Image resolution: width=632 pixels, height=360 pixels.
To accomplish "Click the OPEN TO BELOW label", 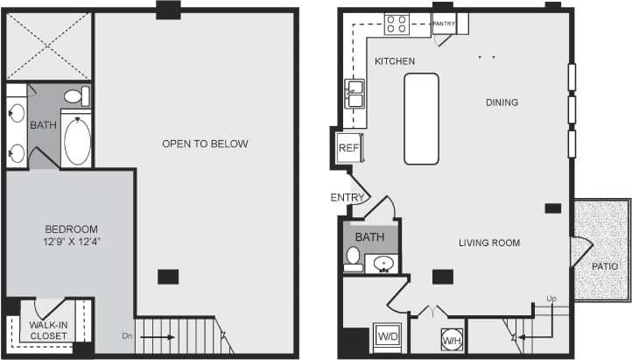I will pyautogui.click(x=205, y=144).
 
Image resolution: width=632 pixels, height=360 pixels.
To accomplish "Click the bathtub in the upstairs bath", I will pyautogui.click(x=77, y=142).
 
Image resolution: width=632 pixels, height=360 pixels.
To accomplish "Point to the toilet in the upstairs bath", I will pyautogui.click(x=75, y=96).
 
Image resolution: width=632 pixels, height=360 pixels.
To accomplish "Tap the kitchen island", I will pyautogui.click(x=421, y=118).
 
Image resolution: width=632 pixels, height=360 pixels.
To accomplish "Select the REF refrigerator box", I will pyautogui.click(x=349, y=148).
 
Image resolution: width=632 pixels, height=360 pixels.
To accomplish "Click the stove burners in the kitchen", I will pyautogui.click(x=396, y=24).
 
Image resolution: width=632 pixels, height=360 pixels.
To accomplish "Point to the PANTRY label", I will pyautogui.click(x=444, y=24).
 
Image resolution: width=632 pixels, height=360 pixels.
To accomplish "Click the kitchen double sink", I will pyautogui.click(x=355, y=93).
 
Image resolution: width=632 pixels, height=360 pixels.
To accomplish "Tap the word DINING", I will pyautogui.click(x=502, y=102).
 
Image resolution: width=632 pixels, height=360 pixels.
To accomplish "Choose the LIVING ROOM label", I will pyautogui.click(x=489, y=243).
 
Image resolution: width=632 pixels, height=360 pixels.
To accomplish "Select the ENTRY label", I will pyautogui.click(x=347, y=197).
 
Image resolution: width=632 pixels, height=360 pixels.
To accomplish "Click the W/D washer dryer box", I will pyautogui.click(x=386, y=336).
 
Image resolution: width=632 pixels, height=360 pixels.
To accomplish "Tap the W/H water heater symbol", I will pyautogui.click(x=452, y=340).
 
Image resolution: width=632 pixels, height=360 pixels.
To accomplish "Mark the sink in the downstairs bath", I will pyautogui.click(x=383, y=263).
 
